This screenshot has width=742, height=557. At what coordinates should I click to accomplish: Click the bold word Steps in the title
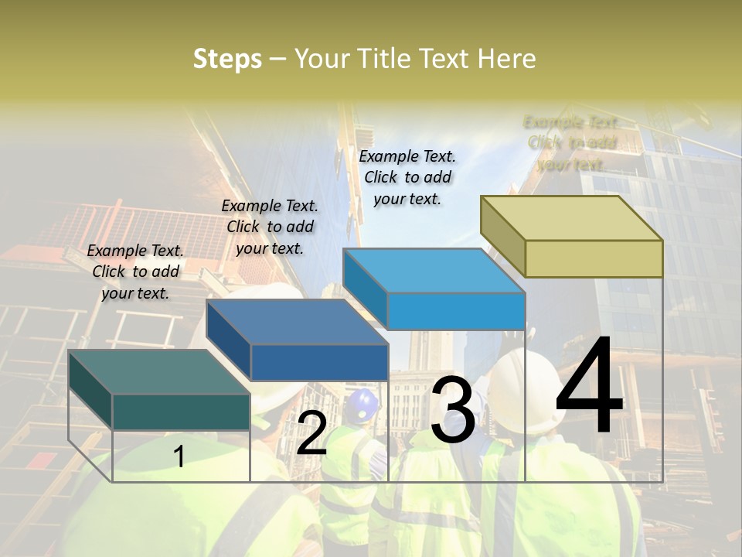point(227,59)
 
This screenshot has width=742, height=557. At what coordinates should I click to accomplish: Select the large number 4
point(589,387)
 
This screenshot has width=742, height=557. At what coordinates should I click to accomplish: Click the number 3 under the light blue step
point(453,411)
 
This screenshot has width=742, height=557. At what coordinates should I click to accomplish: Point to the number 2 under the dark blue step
point(311,433)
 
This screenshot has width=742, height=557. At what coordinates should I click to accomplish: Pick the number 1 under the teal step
point(179,456)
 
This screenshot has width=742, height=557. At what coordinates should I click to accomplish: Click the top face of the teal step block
point(158,372)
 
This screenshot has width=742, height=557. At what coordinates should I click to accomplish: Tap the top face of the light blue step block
point(434,271)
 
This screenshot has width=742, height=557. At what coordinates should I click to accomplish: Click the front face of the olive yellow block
point(594,258)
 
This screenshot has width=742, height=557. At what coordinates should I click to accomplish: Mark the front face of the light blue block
point(456,311)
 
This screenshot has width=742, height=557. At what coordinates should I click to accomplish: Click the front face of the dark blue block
point(319,362)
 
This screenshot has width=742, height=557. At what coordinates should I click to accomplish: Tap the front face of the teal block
point(181,412)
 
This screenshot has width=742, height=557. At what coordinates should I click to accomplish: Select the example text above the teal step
point(135,272)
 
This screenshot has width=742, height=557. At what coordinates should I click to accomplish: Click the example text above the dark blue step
point(270,227)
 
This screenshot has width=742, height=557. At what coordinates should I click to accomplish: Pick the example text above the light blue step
point(407,177)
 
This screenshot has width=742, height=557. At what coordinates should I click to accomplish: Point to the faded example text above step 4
point(571,143)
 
